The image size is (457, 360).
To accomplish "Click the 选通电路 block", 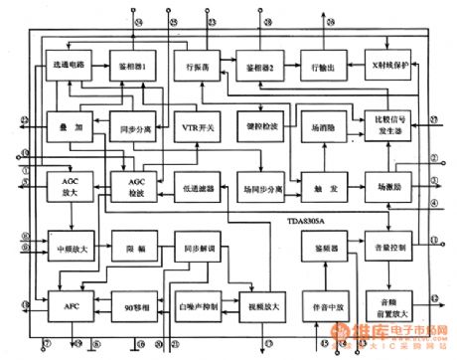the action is [x=66, y=66].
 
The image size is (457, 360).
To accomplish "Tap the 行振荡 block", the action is [x=194, y=66].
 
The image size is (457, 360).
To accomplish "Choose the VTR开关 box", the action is [x=194, y=127].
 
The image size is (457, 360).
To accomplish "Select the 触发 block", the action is [x=319, y=186].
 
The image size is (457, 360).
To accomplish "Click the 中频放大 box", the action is [x=66, y=247].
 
